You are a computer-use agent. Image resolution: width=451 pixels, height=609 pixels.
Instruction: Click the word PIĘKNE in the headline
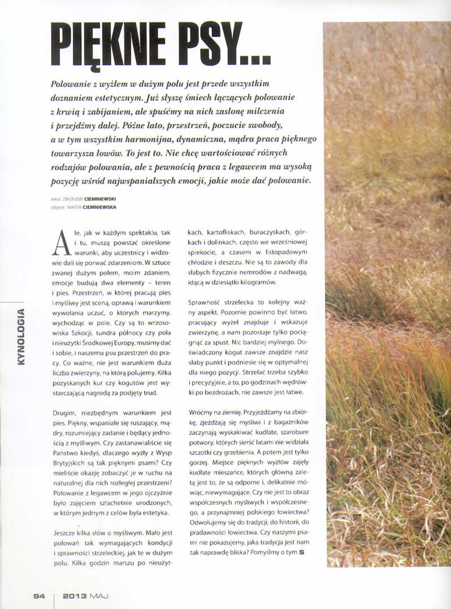coord(113,45)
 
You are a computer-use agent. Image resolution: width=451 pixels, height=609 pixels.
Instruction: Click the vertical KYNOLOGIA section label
coord(21,337)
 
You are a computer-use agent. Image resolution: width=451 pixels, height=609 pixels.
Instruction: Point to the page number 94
coord(39,595)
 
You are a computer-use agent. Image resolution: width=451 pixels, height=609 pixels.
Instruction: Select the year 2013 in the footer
coord(74,595)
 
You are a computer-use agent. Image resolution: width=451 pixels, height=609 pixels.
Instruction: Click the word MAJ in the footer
coord(99,595)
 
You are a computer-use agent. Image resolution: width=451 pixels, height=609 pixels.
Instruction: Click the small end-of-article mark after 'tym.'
coord(302,551)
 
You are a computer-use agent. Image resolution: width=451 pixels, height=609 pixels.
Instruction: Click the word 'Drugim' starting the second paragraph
coord(64,413)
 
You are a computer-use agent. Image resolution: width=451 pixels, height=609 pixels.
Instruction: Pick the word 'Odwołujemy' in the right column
coord(209,521)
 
